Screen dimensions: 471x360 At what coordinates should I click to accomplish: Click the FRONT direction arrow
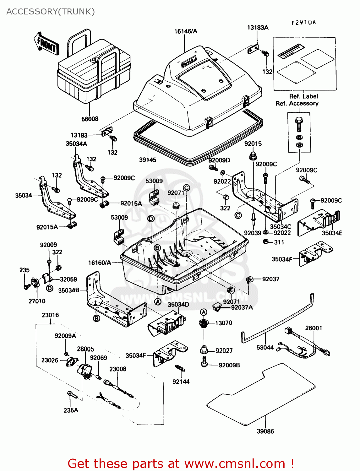(x=46, y=43)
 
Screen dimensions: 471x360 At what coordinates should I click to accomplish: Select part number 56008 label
(x=90, y=119)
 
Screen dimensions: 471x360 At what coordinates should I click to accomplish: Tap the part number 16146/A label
(x=186, y=31)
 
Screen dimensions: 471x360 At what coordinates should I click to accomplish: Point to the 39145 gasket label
(x=148, y=160)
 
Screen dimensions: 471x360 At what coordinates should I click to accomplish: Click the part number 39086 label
(x=265, y=431)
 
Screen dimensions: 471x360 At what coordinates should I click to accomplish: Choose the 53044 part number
(x=265, y=348)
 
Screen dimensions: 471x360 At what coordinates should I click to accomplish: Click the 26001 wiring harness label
(x=314, y=328)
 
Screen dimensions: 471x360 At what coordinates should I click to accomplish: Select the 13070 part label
(x=224, y=323)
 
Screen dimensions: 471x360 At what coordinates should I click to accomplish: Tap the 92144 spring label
(x=181, y=382)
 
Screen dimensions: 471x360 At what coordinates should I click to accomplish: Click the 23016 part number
(x=50, y=315)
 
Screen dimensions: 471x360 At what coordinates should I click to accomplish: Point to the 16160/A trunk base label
(x=100, y=263)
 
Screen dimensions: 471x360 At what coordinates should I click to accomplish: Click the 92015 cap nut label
(x=253, y=144)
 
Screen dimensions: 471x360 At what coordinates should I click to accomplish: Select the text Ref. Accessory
(x=297, y=103)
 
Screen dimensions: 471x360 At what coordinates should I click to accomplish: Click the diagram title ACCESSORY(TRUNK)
(x=51, y=12)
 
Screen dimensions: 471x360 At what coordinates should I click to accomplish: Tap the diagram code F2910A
(x=303, y=23)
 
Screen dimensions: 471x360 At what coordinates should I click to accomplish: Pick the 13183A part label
(x=258, y=28)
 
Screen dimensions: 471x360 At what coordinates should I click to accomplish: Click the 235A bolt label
(x=71, y=410)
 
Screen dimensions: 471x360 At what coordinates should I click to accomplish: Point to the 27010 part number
(x=37, y=301)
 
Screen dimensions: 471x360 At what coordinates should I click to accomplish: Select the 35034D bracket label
(x=178, y=305)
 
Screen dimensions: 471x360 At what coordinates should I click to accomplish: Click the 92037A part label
(x=242, y=307)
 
